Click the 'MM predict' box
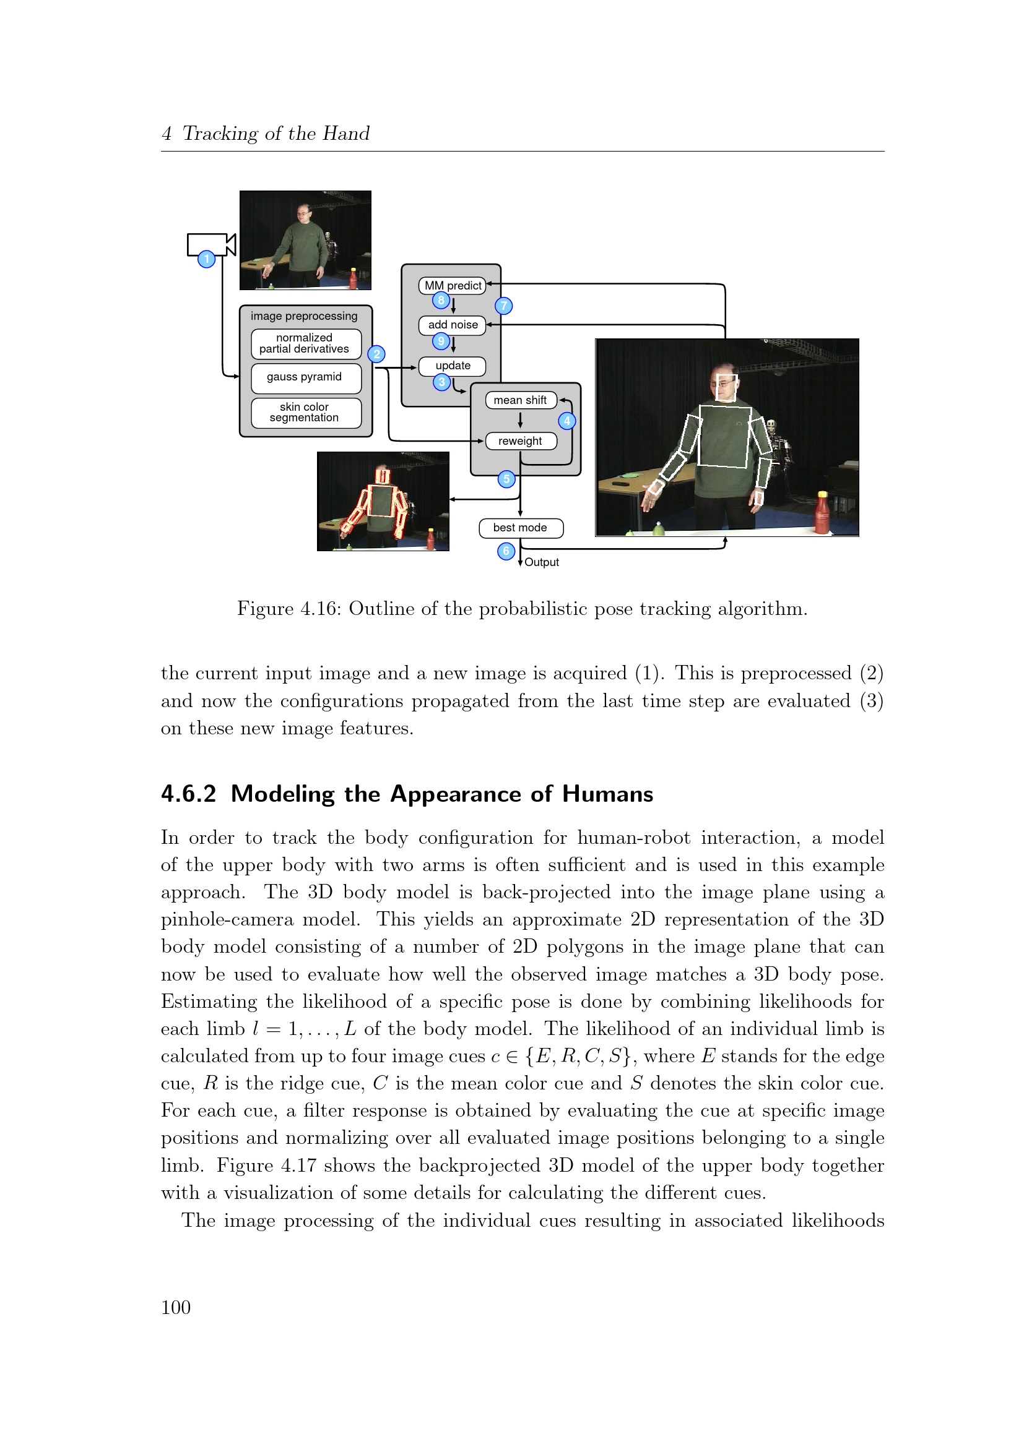pos(452,285)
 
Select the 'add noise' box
pos(452,325)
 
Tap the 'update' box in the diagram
pos(452,366)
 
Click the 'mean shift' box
pos(520,400)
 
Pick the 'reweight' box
pos(520,441)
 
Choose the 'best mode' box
pos(520,528)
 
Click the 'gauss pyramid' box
pos(306,377)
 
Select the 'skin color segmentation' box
pos(306,412)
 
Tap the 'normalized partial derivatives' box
pos(306,343)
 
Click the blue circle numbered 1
pos(206,259)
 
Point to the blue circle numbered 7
pos(503,306)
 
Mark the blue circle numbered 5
pos(506,479)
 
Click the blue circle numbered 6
pos(506,551)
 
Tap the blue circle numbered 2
pos(376,354)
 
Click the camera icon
pos(211,244)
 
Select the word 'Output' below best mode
pos(542,562)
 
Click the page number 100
pos(176,1307)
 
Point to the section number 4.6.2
pos(189,794)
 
